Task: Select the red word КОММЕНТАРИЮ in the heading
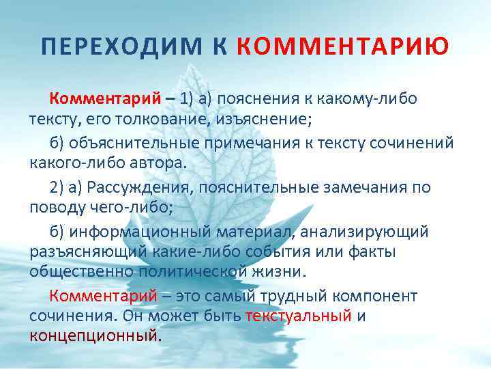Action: point(343,46)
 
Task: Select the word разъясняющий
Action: point(86,253)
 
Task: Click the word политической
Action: point(189,272)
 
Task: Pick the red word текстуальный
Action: point(299,316)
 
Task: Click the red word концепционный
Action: point(93,336)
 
